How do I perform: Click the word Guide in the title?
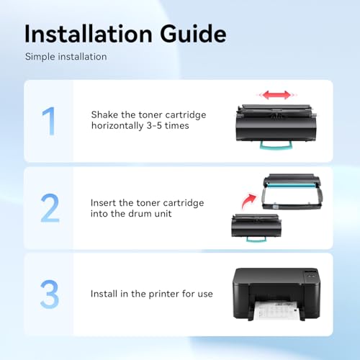193,34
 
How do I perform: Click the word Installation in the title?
89,34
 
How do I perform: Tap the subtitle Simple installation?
66,57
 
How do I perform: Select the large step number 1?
49,121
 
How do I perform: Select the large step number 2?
50,207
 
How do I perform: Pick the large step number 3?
50,294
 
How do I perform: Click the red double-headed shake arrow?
276,95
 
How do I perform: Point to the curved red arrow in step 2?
248,201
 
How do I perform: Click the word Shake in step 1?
104,114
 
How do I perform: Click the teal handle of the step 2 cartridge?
256,239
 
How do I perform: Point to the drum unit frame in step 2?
292,192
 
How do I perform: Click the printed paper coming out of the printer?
276,310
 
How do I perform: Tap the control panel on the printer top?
311,275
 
